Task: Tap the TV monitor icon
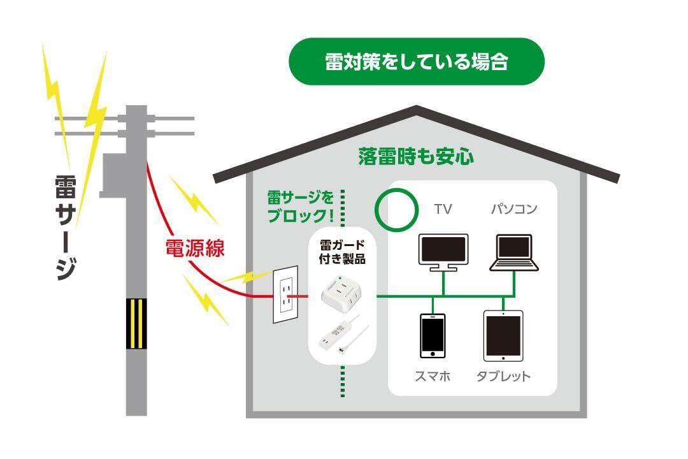pyautogui.click(x=443, y=251)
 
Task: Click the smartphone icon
pyautogui.click(x=432, y=335)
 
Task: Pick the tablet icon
pyautogui.click(x=503, y=336)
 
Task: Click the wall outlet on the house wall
pyautogui.click(x=286, y=295)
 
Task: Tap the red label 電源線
pyautogui.click(x=195, y=248)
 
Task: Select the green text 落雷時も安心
pyautogui.click(x=416, y=157)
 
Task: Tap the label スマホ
pyautogui.click(x=433, y=376)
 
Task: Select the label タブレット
pyautogui.click(x=503, y=376)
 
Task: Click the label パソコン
pyautogui.click(x=514, y=209)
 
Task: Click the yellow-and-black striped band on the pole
pyautogui.click(x=136, y=323)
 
